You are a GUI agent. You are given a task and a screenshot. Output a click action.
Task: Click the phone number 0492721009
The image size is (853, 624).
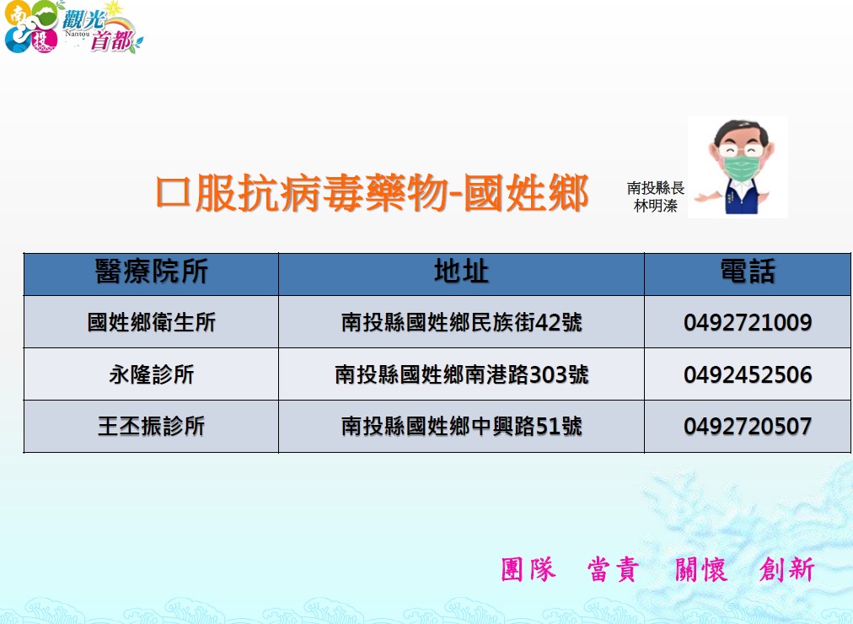[x=748, y=322]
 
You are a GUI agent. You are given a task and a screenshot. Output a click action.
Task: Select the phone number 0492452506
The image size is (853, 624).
[x=748, y=374]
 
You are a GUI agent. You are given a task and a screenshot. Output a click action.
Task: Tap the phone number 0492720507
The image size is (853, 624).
[x=748, y=426]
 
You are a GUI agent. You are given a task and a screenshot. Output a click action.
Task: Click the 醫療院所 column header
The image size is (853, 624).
[x=151, y=271]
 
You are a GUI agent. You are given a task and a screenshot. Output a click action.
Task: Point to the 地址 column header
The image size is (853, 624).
[x=461, y=271]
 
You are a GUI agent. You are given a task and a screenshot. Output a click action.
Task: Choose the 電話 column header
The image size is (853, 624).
[x=748, y=271]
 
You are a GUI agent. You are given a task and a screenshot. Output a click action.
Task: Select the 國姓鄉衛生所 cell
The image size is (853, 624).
[x=151, y=322]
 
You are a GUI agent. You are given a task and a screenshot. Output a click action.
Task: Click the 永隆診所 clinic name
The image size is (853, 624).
[x=151, y=374]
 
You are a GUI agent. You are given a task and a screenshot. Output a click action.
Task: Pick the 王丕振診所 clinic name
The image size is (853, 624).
[x=151, y=426]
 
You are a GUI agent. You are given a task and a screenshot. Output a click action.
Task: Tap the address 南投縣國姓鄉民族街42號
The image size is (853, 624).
[x=461, y=322]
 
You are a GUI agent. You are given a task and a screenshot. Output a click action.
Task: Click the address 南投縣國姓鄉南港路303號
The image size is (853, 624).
[x=461, y=374]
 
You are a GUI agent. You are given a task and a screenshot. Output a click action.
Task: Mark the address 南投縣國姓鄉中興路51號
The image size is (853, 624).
[x=461, y=426]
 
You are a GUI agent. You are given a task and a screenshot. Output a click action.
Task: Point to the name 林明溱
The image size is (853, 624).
[x=656, y=206]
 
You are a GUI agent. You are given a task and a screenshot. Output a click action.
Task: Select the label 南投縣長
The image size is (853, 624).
[x=656, y=188]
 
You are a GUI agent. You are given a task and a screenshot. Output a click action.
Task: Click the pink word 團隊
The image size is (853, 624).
[x=528, y=569]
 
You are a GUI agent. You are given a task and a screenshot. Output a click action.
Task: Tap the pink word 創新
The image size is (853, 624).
[x=786, y=569]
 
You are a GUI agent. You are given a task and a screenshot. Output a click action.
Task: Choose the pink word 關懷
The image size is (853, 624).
[x=700, y=569]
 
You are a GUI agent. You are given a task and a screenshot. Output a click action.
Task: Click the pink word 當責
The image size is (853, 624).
[x=613, y=569]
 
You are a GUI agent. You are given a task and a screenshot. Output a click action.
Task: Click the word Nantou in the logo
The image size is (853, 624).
[x=78, y=34]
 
